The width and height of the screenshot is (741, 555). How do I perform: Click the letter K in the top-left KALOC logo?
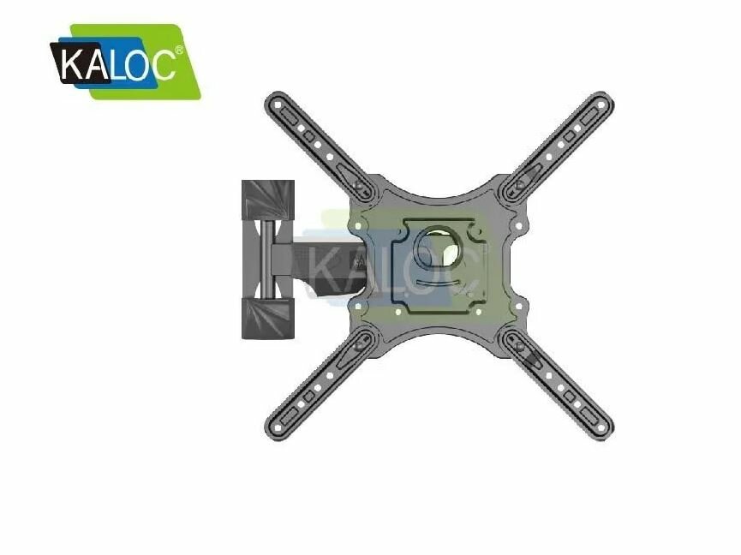(x=73, y=63)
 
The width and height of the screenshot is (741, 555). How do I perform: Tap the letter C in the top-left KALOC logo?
(x=162, y=63)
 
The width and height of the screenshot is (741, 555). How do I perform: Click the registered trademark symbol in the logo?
(x=179, y=50)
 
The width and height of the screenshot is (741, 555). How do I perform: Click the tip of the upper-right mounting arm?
(x=604, y=100)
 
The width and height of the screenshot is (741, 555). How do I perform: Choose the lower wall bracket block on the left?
(x=267, y=318)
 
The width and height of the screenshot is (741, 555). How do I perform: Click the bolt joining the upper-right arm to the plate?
(x=521, y=182)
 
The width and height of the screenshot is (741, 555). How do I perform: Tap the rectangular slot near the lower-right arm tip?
(x=590, y=415)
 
